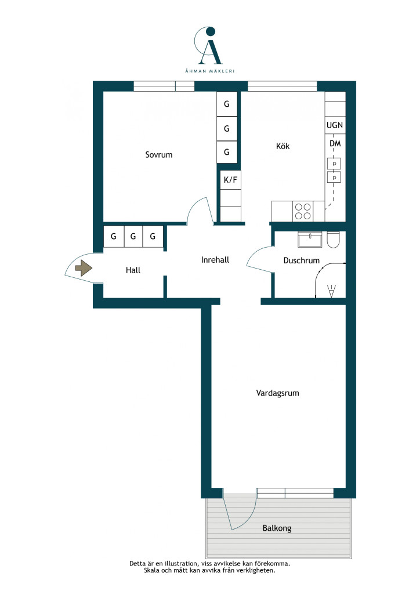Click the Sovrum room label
159,154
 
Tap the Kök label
283,146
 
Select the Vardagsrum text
278,393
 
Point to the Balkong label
277,528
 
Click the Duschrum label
302,260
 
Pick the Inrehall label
215,260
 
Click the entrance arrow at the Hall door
84,269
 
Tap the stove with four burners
303,211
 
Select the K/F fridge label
230,180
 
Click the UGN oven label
335,125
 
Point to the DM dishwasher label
335,144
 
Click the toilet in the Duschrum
334,240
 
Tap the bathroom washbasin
310,240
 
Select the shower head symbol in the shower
331,291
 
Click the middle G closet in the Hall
133,237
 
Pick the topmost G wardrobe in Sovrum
227,104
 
